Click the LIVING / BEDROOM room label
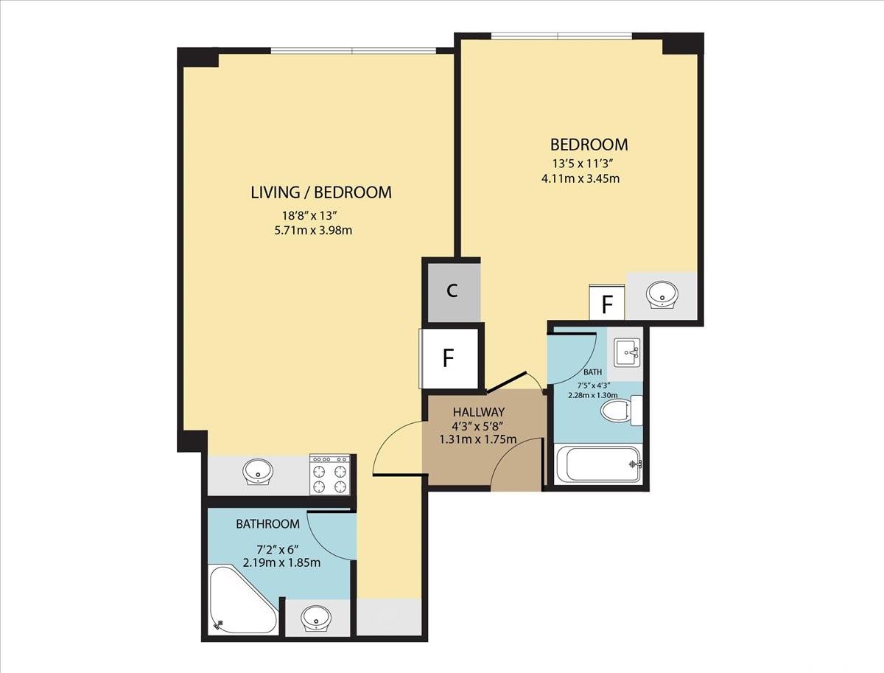[321, 192]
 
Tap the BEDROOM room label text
[589, 144]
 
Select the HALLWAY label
[478, 412]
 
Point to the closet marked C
[454, 293]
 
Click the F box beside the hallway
[449, 358]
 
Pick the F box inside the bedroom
[607, 302]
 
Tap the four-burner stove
[330, 475]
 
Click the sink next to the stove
[258, 472]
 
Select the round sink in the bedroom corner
[662, 294]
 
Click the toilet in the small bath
[621, 411]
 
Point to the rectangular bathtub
[597, 464]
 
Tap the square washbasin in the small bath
[627, 352]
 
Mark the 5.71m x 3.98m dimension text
[313, 231]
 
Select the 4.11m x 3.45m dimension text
[580, 178]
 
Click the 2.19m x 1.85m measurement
[282, 562]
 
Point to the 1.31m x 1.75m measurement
[478, 439]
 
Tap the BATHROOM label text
[268, 524]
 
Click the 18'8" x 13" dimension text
[309, 215]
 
